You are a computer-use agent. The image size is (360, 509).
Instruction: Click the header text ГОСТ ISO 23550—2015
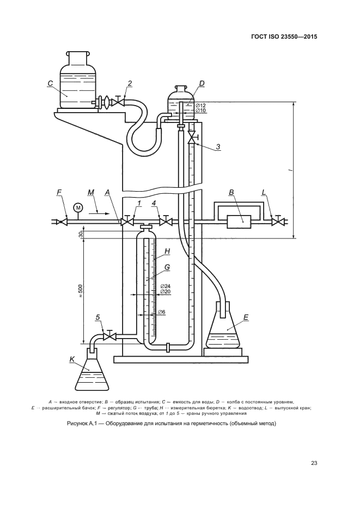point(284,38)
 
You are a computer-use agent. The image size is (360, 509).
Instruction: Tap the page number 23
point(314,463)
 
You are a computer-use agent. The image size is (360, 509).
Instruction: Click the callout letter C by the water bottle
point(50,83)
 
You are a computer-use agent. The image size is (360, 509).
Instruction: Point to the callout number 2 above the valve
point(130,83)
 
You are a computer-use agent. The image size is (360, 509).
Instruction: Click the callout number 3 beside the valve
point(217,146)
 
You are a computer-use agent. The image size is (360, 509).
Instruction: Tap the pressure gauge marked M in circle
point(77,207)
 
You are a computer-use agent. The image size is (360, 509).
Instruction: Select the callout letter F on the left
point(59,192)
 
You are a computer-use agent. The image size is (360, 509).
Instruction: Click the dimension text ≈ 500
point(80,292)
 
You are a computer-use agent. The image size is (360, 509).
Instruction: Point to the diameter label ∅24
point(166,286)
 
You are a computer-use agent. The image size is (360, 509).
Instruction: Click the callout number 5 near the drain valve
point(98,317)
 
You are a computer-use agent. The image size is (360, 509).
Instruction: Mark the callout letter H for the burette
point(168,252)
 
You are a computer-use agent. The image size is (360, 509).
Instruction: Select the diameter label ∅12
point(200,105)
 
